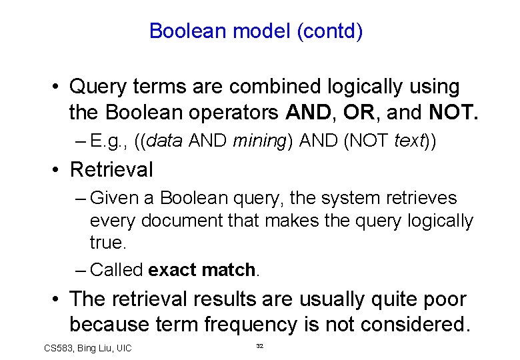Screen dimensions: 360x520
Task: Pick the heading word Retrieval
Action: click(111, 170)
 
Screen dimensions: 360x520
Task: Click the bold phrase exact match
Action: click(202, 270)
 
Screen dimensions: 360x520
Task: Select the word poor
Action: click(442, 299)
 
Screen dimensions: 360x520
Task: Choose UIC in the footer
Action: click(123, 348)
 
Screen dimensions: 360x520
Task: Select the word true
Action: click(107, 242)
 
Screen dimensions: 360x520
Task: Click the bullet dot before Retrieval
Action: click(59, 170)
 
